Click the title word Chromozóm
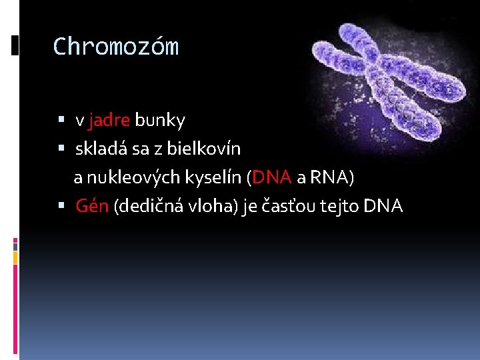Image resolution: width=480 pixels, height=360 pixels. pos(115,47)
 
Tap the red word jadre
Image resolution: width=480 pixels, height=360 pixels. pos(109,121)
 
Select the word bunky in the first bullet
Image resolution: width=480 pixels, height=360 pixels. pos(160,121)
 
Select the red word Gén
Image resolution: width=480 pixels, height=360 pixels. pos(93,207)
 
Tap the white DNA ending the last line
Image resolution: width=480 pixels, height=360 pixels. pos(383,207)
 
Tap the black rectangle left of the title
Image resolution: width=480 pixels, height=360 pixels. pos(15,45)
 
